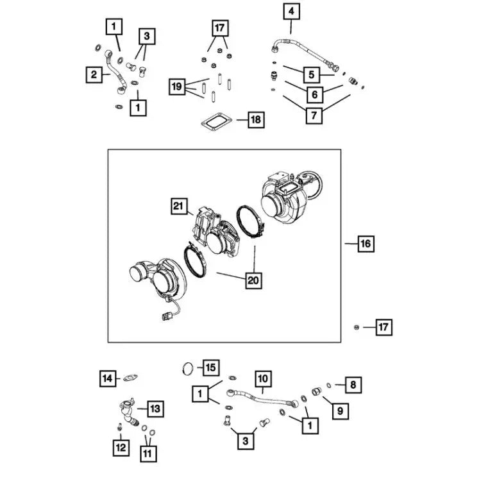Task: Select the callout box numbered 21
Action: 179,206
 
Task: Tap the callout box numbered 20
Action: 254,280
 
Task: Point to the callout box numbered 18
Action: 256,119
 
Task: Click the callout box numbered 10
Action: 263,379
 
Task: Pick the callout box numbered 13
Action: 155,408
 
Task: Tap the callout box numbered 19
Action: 178,86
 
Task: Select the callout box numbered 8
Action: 353,385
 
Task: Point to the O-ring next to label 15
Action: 188,367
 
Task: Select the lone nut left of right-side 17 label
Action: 357,327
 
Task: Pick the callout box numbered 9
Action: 340,409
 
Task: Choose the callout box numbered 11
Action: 148,453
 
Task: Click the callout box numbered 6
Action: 314,95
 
